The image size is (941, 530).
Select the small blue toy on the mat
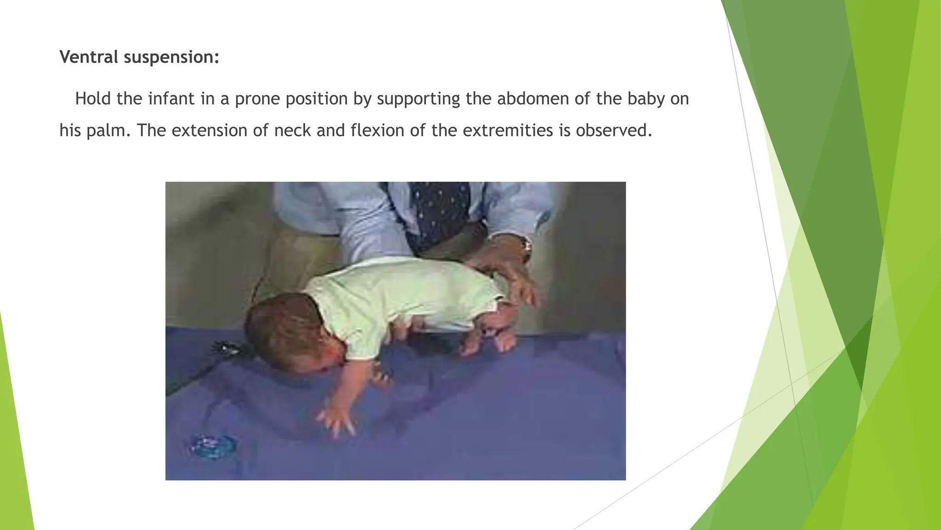(213, 446)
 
